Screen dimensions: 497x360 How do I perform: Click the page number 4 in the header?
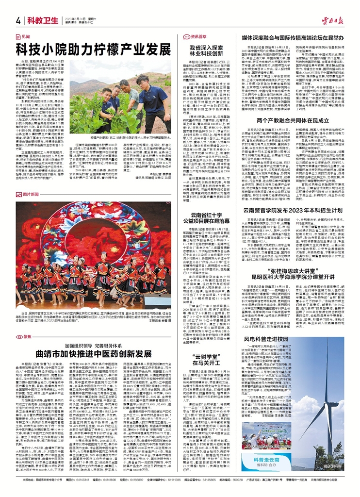[x=18, y=20]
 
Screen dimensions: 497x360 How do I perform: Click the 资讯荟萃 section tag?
[x=197, y=36]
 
